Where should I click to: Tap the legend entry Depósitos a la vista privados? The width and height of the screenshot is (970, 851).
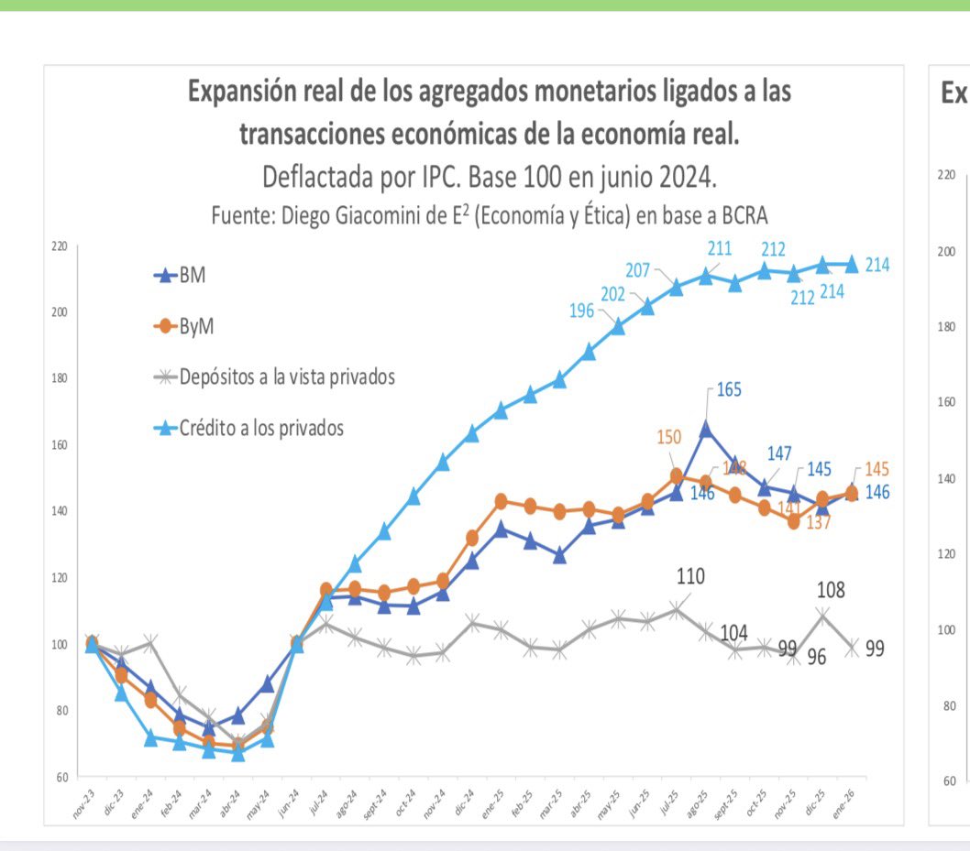[x=287, y=376]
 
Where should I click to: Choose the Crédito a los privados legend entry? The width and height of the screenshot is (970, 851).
[x=261, y=428]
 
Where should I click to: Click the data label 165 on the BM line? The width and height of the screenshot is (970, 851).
[x=729, y=389]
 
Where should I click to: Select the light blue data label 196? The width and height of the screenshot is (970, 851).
[x=581, y=311]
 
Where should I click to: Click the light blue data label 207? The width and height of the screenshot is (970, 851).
[x=637, y=270]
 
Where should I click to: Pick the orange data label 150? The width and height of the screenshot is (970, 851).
[x=669, y=438]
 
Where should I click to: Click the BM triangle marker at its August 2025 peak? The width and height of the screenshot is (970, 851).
[x=705, y=428]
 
